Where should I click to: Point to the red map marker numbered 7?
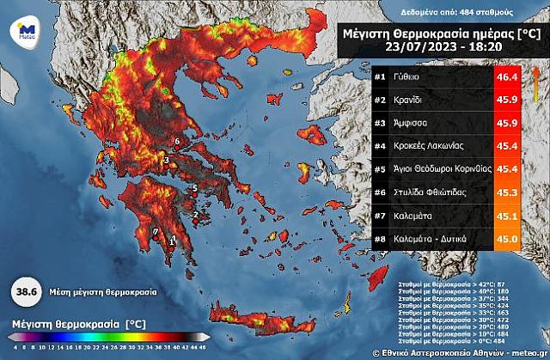point(156,232)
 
